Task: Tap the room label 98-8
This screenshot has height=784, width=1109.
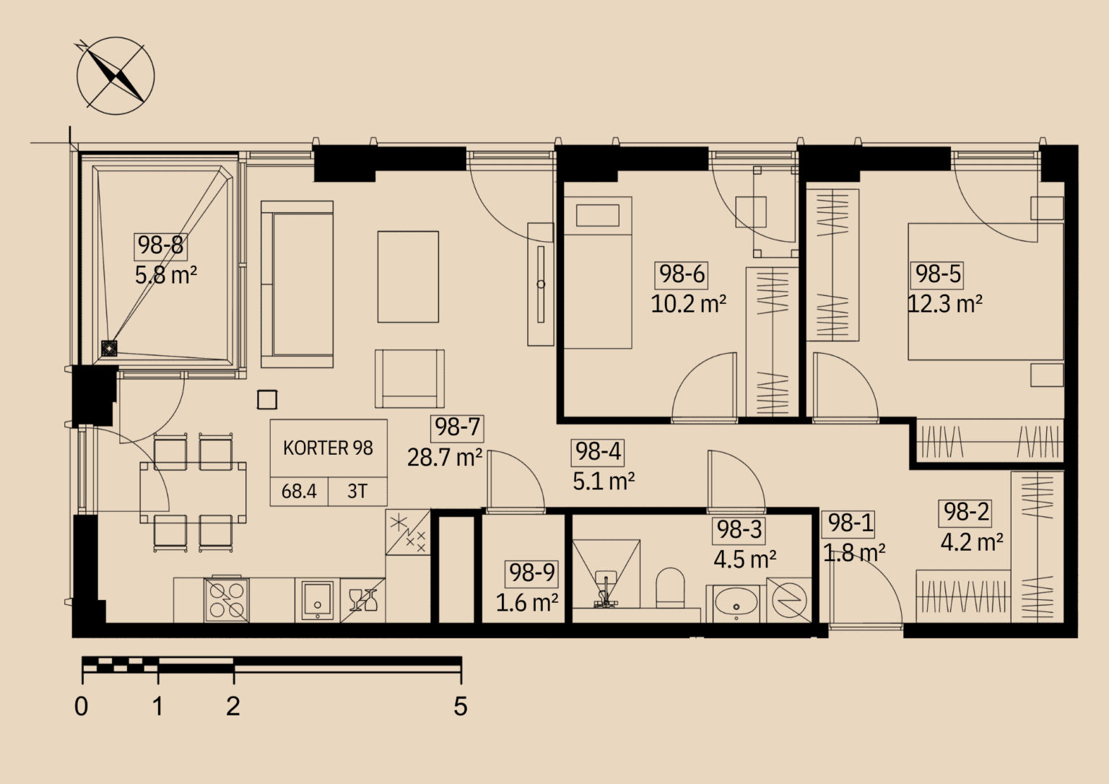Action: coord(160,245)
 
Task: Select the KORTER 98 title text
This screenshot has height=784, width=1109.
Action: coord(328,448)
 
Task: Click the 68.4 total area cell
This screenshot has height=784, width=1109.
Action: coord(298,491)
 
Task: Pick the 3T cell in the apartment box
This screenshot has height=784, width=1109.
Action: coord(357,491)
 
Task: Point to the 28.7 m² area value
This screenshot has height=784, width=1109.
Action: coord(445,458)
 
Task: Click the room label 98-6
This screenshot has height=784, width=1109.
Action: coord(682,274)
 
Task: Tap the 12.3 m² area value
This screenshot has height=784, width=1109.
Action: coord(944,303)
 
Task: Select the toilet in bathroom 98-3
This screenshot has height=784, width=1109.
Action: coord(670,588)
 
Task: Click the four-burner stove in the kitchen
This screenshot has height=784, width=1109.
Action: coord(227,599)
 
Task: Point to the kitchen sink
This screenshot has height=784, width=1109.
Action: coord(318,600)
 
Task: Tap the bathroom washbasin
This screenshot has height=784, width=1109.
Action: coord(736,604)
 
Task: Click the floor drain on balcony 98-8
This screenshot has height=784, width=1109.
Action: coord(108,349)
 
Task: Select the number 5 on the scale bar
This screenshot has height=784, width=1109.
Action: coord(461,706)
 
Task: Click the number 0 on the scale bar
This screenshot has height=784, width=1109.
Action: coord(81,706)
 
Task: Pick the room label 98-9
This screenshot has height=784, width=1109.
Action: coord(531,572)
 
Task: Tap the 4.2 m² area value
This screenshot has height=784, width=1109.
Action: coord(972,541)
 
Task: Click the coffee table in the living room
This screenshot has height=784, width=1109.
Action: coord(408,276)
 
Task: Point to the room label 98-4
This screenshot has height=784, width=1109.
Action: coord(598,452)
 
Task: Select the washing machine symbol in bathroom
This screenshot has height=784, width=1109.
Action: coord(789,600)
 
